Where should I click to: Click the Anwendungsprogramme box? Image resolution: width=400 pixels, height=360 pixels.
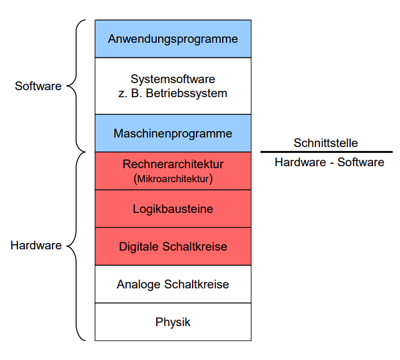click(173, 39)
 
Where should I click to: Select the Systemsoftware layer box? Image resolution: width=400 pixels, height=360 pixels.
click(173, 86)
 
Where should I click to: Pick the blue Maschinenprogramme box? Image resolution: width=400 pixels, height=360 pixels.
click(173, 134)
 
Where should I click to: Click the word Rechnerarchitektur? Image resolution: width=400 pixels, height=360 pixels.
click(173, 164)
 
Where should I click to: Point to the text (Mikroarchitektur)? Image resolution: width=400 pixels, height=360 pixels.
click(173, 178)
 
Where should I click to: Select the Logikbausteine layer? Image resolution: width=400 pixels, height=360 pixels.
click(173, 208)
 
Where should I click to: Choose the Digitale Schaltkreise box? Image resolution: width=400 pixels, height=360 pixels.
click(173, 246)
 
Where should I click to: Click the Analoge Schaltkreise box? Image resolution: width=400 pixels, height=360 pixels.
click(173, 284)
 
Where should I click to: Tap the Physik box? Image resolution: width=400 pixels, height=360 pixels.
click(173, 322)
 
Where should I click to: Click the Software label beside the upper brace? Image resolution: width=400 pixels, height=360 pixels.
click(38, 86)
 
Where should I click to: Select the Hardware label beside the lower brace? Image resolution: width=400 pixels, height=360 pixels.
click(36, 245)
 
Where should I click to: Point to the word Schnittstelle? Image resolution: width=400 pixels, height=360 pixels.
click(326, 143)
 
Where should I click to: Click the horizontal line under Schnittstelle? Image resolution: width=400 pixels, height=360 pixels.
click(326, 152)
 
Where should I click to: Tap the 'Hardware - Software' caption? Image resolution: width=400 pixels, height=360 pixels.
click(329, 162)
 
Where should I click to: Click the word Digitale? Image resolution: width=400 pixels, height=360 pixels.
click(138, 246)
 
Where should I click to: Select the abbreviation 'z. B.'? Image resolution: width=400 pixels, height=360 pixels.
click(132, 93)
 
